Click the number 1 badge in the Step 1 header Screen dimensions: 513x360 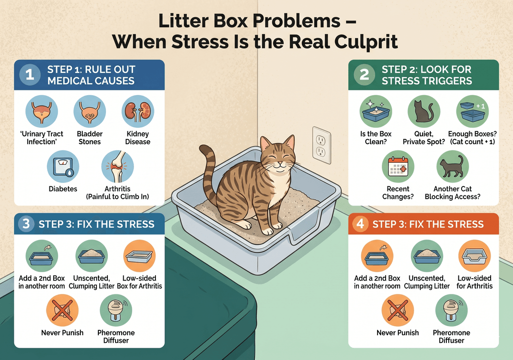(x=30, y=75)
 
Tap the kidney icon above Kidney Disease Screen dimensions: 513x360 (x=138, y=111)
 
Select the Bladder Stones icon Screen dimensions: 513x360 (x=90, y=111)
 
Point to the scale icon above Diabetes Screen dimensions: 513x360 (x=63, y=166)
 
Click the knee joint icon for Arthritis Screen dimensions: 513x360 (x=117, y=166)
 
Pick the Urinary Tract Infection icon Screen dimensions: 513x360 (x=41, y=111)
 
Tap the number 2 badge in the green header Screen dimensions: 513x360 (x=364, y=75)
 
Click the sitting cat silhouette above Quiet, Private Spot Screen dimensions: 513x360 (x=424, y=111)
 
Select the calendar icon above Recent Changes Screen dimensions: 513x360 (x=398, y=166)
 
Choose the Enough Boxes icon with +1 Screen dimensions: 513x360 (x=472, y=111)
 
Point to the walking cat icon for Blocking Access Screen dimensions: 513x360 (x=453, y=166)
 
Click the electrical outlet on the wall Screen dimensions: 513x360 (x=321, y=145)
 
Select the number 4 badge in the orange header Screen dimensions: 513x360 (x=360, y=224)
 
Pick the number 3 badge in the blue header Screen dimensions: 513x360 (x=26, y=224)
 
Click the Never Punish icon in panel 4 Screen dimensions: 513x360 (x=397, y=310)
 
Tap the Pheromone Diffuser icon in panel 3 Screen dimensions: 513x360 (x=116, y=310)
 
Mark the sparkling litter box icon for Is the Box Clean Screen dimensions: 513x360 (x=376, y=111)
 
